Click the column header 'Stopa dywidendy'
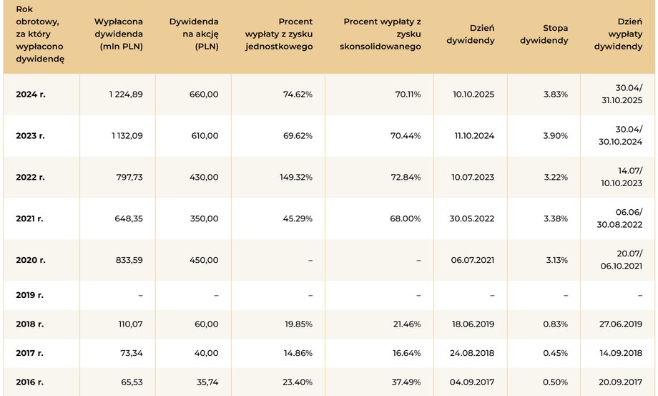[x=544, y=34]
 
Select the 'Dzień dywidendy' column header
[x=471, y=34]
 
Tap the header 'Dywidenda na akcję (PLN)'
[x=194, y=34]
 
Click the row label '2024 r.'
[x=31, y=95]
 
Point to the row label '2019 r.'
[x=30, y=295]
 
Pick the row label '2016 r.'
[x=30, y=382]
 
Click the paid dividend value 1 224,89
[x=126, y=95]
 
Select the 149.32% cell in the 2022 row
[x=296, y=177]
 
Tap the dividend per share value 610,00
[x=205, y=135]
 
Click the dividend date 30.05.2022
[x=471, y=219]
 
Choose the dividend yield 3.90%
[x=556, y=135]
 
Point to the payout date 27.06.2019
[x=621, y=324]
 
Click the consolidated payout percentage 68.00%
[x=406, y=219]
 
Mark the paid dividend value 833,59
[x=129, y=261]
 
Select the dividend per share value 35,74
[x=207, y=382]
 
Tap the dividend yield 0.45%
[x=556, y=353]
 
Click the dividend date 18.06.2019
[x=473, y=324]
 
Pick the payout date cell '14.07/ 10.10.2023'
[x=622, y=177]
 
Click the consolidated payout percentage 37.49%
[x=406, y=382]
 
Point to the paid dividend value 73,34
[x=132, y=353]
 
